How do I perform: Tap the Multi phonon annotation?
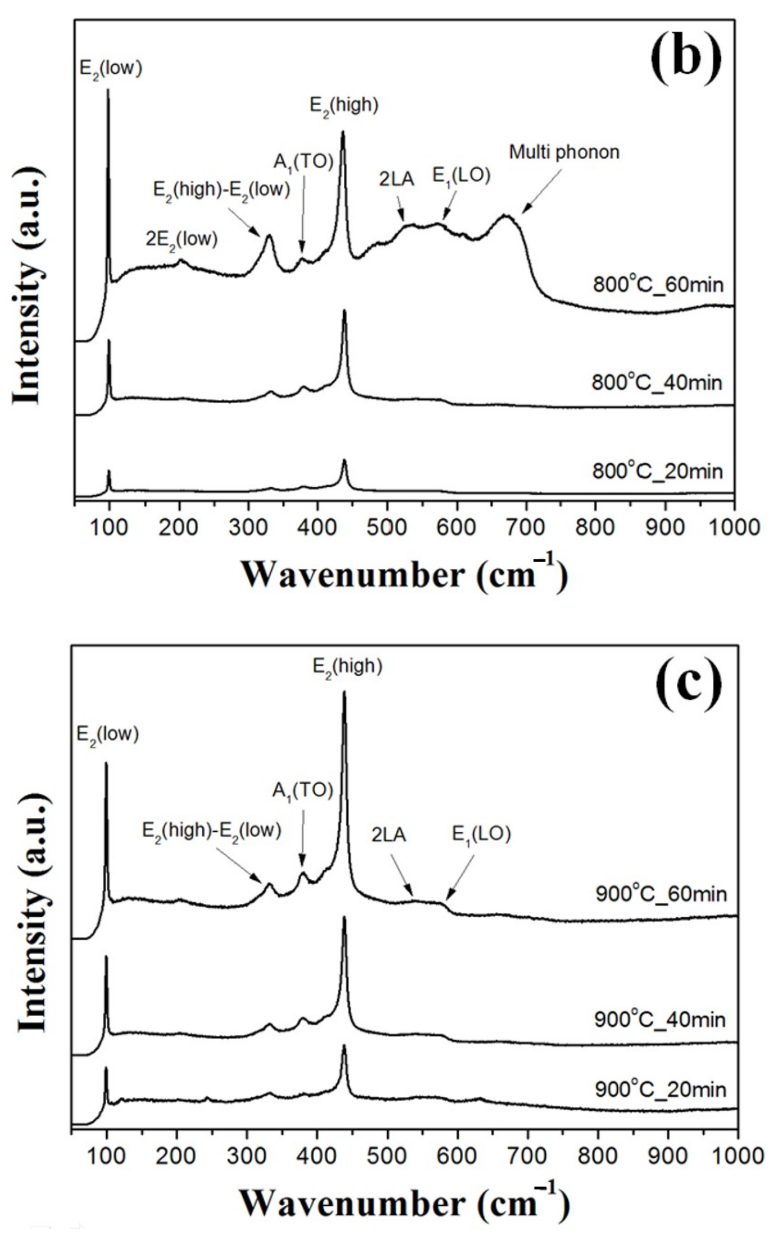[x=564, y=152]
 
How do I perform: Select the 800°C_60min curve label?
[x=658, y=284]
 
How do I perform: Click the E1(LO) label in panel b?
[x=461, y=176]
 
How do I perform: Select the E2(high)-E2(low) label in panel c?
[x=212, y=831]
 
